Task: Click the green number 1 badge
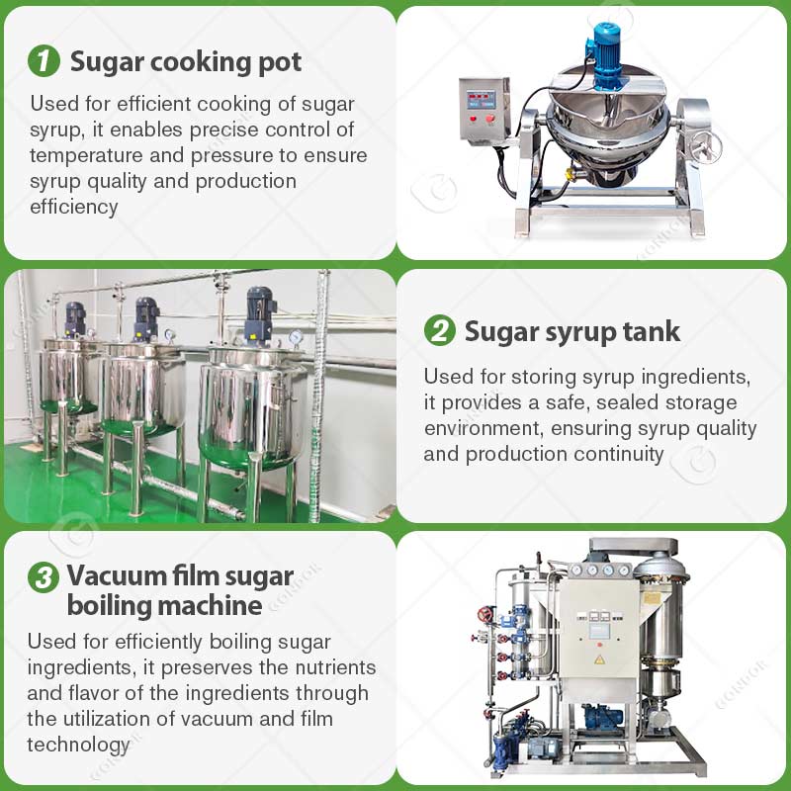tap(44, 61)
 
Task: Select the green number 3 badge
tap(44, 577)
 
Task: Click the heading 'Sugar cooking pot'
tap(186, 61)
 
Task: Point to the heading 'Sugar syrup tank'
tap(572, 330)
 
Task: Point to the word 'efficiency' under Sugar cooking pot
tap(74, 207)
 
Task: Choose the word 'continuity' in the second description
tap(615, 455)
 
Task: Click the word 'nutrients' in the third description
tap(323, 667)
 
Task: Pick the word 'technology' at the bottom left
tap(78, 745)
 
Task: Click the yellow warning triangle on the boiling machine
tap(598, 658)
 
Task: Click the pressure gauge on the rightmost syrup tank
tap(296, 338)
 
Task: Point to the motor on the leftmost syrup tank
tap(75, 317)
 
